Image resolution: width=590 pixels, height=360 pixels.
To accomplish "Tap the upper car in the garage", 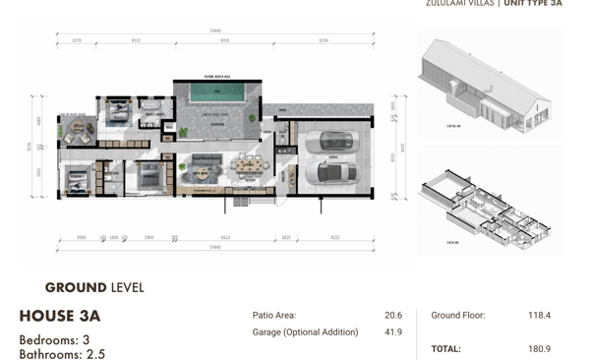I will (x=324, y=142).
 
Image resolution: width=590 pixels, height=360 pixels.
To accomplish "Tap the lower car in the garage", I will (x=325, y=174).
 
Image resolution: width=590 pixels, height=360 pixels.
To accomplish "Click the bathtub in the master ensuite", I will (x=153, y=107).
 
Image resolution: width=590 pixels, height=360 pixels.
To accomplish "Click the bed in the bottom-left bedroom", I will (x=76, y=179).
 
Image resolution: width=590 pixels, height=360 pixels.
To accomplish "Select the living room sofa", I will (x=206, y=163).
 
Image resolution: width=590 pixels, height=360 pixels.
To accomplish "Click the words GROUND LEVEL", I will (x=94, y=288).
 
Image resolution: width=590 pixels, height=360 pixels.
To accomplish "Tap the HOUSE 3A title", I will (x=60, y=316).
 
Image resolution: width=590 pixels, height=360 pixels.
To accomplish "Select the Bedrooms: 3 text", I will (x=54, y=339).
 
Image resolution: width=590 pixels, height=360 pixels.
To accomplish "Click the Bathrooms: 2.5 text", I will (x=61, y=353).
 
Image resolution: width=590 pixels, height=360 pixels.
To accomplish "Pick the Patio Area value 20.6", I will (x=393, y=316).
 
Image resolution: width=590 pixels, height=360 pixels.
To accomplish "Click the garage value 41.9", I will (x=393, y=332).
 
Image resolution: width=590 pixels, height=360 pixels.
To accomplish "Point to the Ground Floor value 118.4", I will (x=538, y=316).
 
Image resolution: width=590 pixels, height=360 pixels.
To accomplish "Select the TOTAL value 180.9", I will (x=538, y=349).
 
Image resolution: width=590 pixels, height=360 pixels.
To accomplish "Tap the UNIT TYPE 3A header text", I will (x=533, y=4).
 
